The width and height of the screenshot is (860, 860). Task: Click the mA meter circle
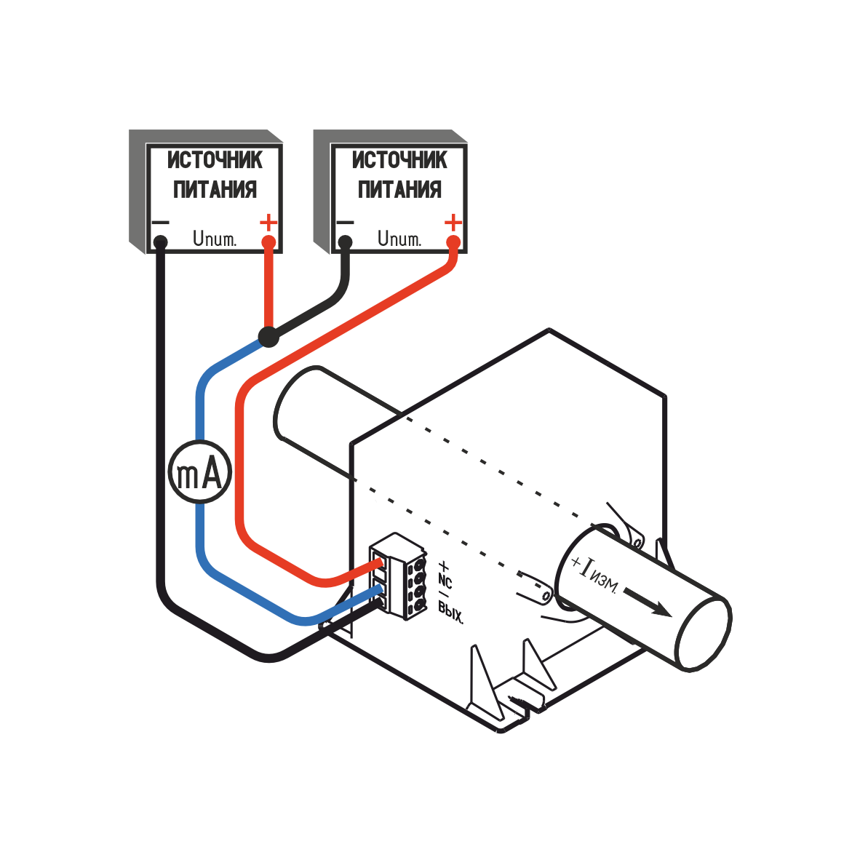point(199,471)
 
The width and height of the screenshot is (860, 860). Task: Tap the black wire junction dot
point(269,336)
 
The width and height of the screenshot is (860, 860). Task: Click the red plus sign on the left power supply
point(268,221)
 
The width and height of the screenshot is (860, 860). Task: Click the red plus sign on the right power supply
point(453,221)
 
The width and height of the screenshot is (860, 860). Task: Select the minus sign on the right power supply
point(344,222)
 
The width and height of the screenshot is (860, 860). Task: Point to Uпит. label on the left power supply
point(214,238)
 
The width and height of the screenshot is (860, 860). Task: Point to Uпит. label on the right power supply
point(399,238)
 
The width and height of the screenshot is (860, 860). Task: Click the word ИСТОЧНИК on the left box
point(215,160)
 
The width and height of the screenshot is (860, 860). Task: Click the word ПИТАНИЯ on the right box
point(399,189)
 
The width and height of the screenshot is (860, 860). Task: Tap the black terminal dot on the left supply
point(160,241)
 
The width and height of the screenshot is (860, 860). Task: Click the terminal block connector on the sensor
point(399,576)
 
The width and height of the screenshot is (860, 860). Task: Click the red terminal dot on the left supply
point(268,241)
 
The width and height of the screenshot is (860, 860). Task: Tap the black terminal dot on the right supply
point(345,241)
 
